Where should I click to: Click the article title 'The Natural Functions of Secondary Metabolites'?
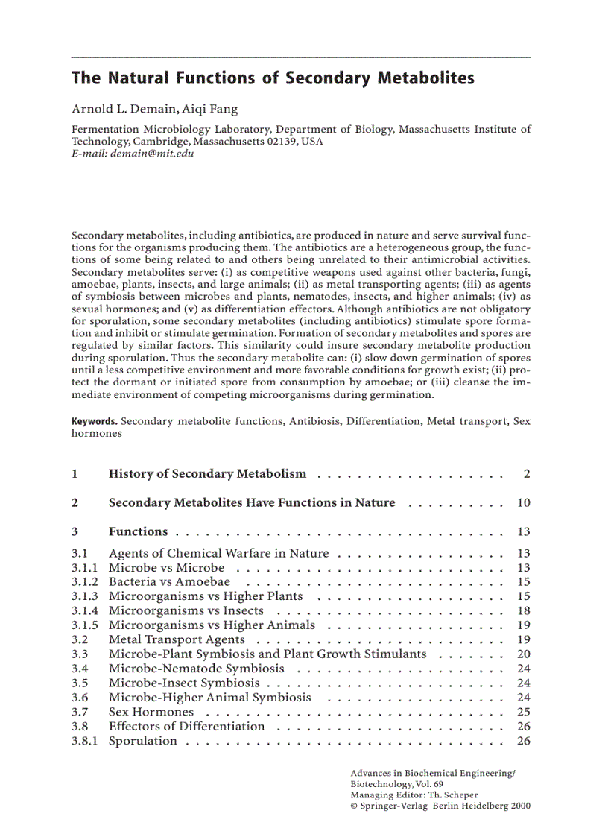coord(273,78)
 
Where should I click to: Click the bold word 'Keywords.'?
coord(95,421)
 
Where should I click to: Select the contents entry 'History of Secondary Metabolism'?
coord(207,474)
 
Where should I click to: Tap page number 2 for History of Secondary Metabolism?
coord(526,474)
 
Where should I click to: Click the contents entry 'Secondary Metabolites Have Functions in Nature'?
coord(252,503)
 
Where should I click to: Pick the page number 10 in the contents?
coord(523,503)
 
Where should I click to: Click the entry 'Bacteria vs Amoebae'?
coord(169,582)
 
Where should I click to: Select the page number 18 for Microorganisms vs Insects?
coord(523,611)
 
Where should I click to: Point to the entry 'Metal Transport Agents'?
coord(177,639)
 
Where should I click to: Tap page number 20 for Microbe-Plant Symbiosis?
coord(523,654)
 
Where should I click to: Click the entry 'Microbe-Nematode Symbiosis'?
coord(196,669)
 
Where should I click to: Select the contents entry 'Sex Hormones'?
coord(151,713)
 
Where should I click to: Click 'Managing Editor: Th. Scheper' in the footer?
coord(414,795)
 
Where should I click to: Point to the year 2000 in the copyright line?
coord(520,806)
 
